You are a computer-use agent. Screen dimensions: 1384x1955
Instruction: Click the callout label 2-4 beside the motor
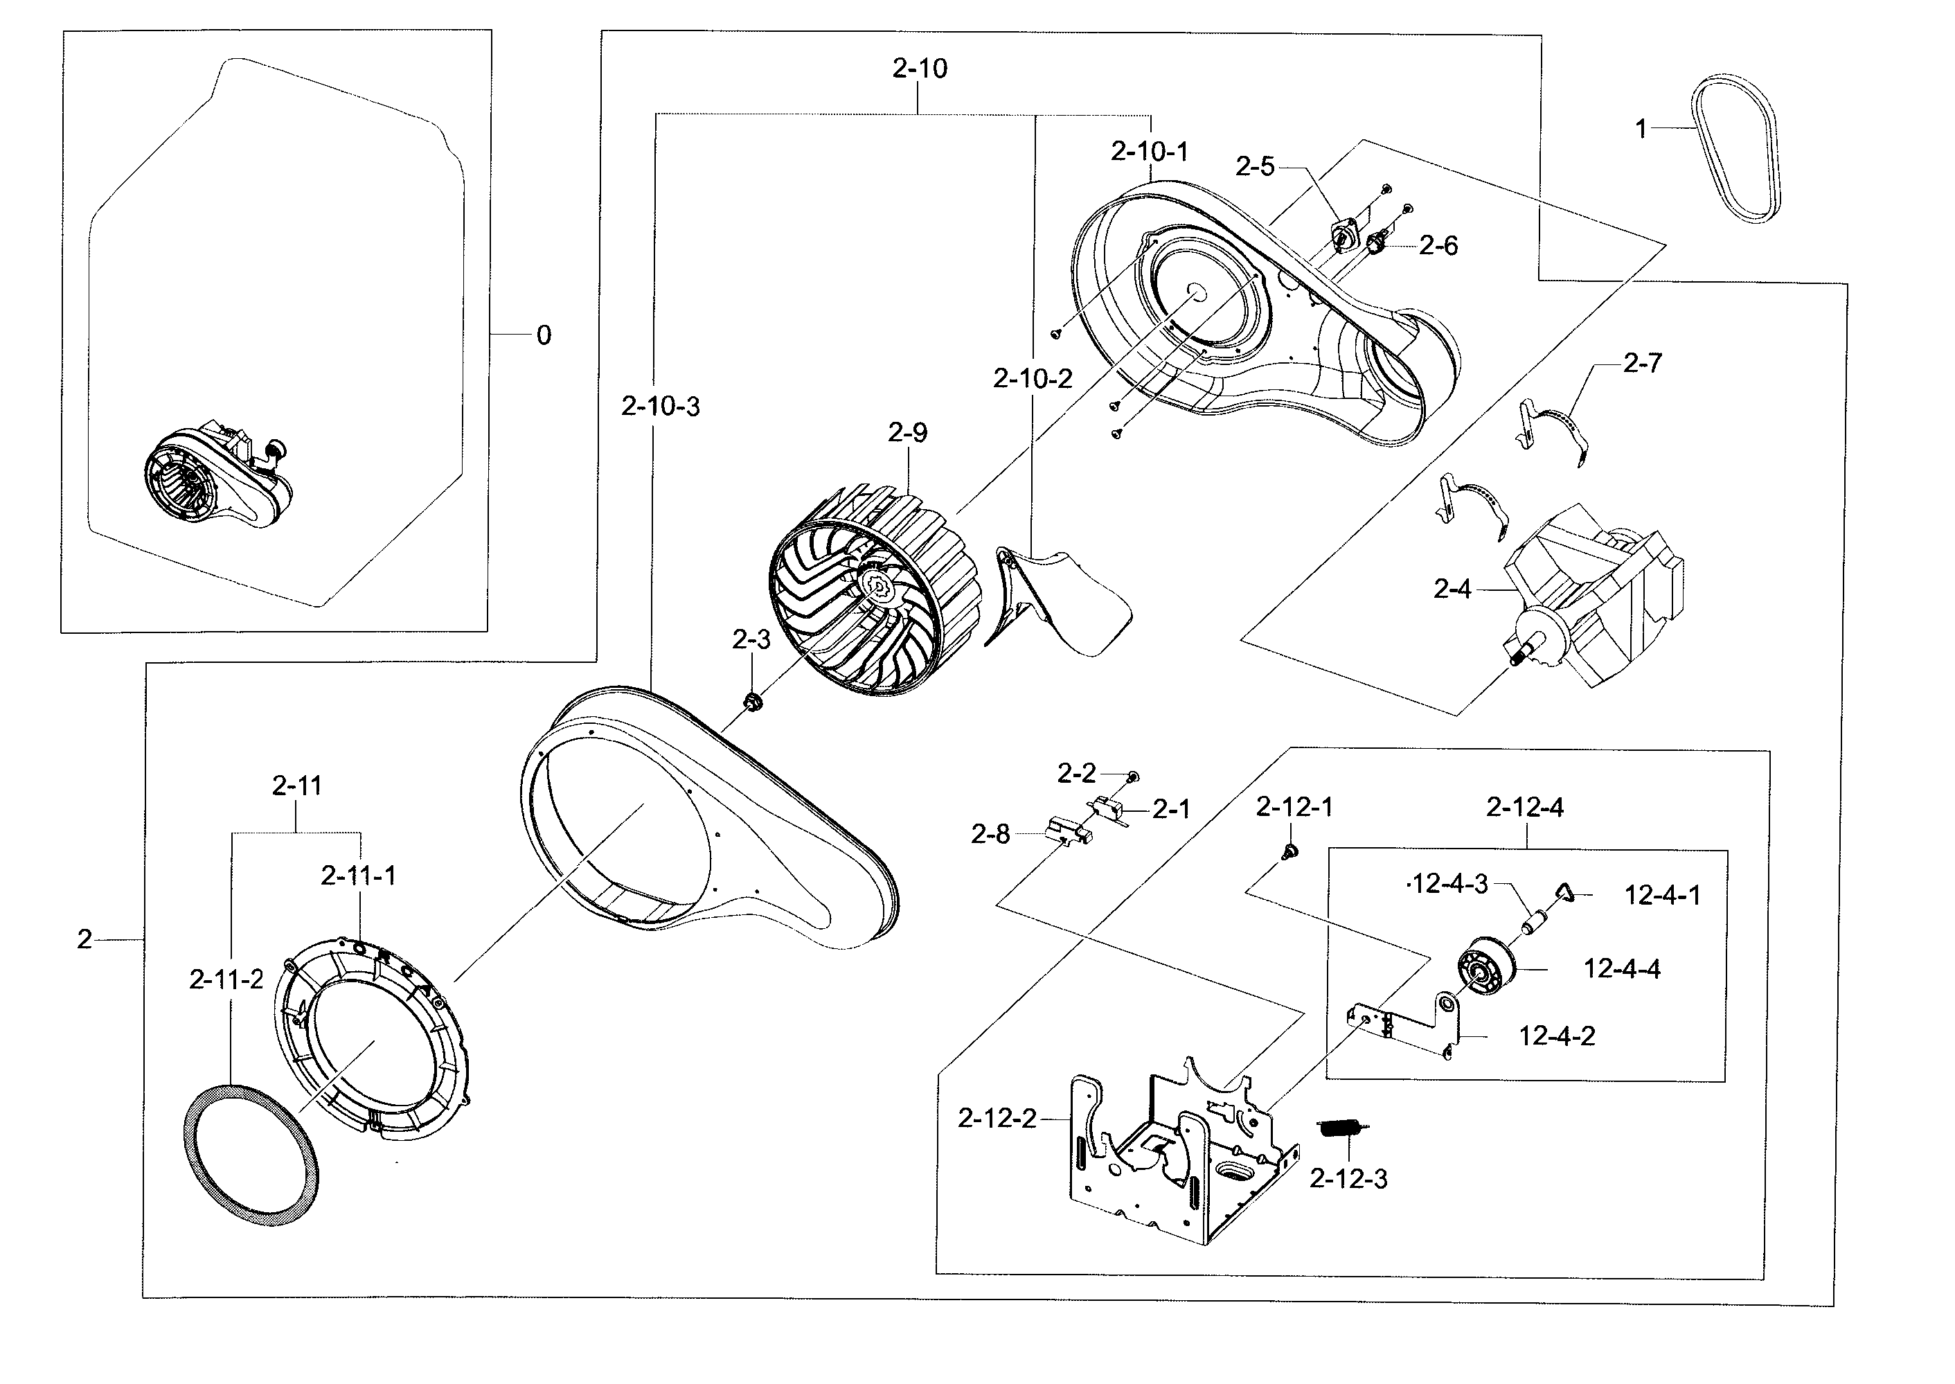[1452, 589]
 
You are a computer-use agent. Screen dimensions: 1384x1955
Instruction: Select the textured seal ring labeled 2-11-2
[251, 1155]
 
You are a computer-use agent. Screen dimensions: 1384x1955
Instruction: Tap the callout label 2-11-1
[359, 876]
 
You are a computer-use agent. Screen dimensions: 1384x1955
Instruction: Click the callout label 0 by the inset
[544, 336]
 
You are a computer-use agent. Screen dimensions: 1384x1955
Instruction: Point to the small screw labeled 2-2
[1133, 777]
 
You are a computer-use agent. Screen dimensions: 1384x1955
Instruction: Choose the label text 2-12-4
[1525, 807]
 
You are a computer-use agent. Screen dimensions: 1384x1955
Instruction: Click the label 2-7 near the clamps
[1641, 363]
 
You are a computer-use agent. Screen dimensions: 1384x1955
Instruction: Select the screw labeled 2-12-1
[1289, 851]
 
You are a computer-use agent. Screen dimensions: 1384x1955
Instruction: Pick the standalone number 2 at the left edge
[84, 939]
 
